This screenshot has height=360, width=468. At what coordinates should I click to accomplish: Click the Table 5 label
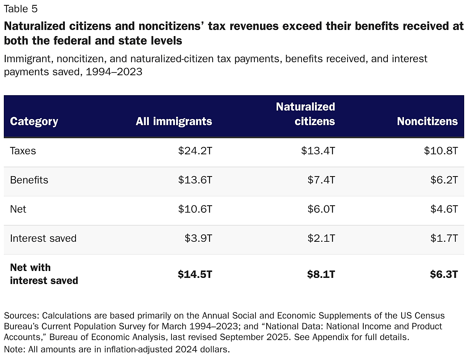21,9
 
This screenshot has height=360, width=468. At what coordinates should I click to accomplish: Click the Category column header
34,121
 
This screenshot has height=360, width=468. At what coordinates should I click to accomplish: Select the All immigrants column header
174,121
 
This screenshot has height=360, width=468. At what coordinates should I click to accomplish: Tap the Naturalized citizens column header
305,114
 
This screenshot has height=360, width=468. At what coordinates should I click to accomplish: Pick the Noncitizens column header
427,121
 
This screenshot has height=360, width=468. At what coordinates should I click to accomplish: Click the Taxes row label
23,151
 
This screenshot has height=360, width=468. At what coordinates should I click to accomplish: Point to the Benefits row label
29,180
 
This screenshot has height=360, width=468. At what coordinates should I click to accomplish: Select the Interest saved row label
43,238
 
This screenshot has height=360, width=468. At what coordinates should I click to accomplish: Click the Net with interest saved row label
44,274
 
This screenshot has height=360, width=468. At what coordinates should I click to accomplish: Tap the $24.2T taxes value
195,151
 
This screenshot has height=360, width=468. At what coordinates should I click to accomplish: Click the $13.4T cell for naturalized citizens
318,151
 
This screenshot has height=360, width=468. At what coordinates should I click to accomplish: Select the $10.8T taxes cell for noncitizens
441,151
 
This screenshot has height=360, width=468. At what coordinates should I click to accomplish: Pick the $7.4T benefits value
321,180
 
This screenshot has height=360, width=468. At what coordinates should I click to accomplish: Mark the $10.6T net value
195,209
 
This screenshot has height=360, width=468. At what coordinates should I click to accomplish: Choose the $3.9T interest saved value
198,238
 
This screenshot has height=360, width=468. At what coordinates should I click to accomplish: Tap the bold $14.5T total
195,274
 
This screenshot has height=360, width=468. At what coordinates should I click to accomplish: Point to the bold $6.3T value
444,274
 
